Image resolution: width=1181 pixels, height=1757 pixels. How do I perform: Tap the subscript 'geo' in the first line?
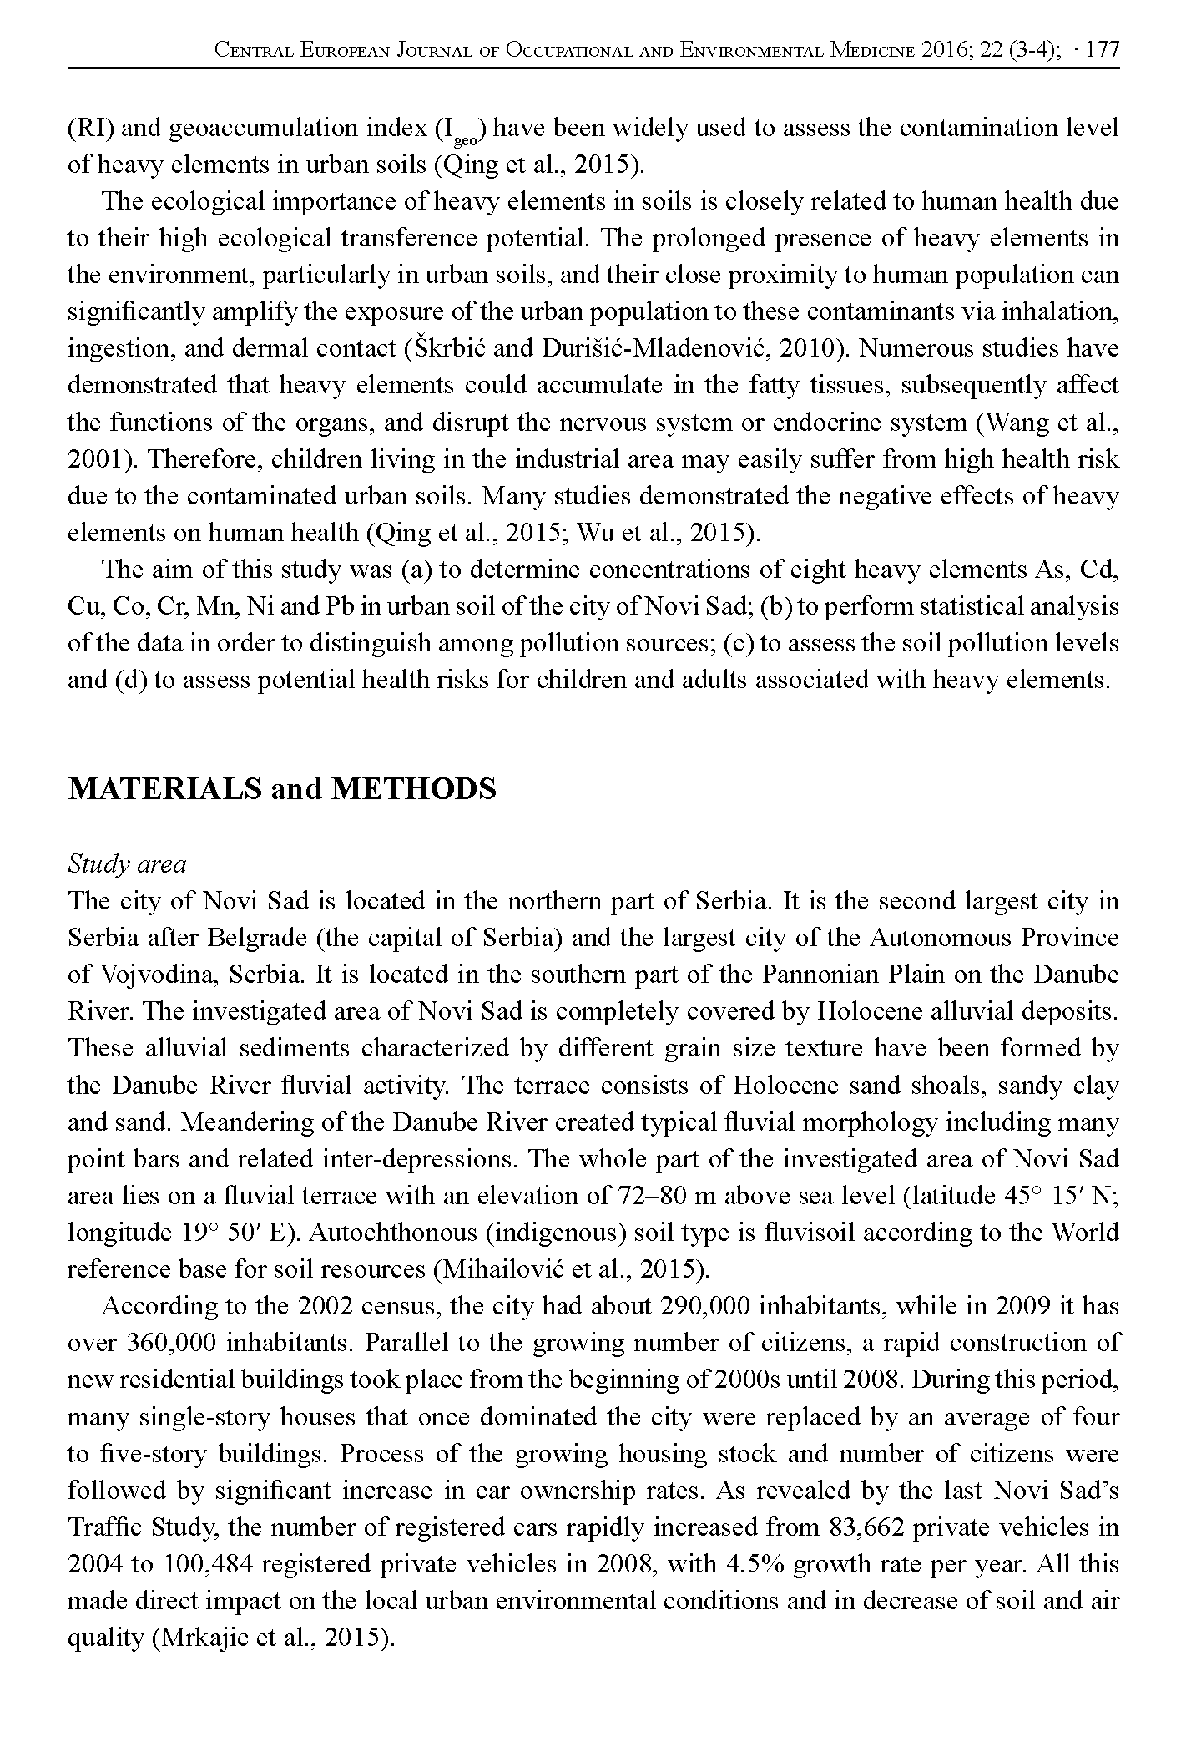point(466,139)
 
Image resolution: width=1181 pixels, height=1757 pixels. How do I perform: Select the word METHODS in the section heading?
point(413,788)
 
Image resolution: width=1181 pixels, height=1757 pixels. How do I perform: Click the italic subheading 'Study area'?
point(127,863)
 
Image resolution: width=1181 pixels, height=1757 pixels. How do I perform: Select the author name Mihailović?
point(502,1268)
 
